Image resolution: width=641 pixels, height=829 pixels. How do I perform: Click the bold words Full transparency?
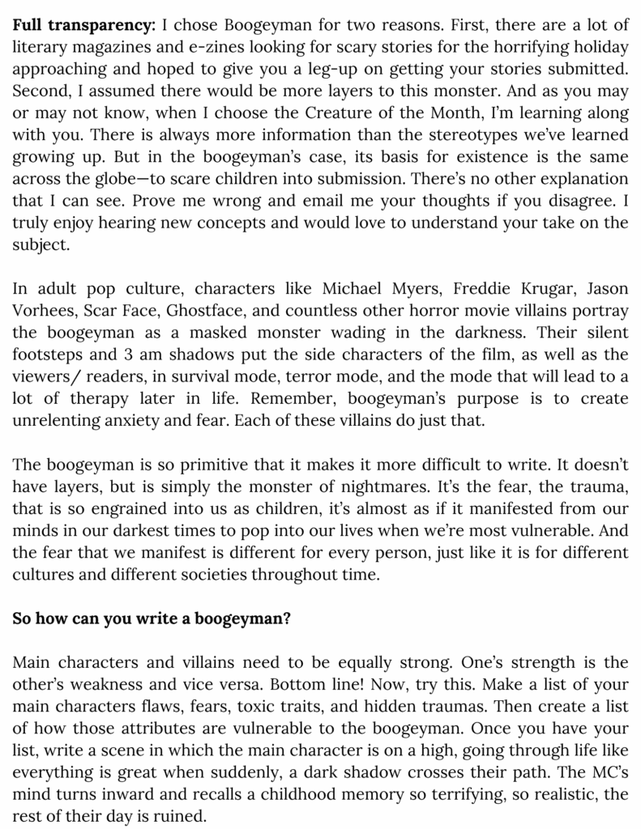83,25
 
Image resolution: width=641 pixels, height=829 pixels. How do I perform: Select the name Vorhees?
44,310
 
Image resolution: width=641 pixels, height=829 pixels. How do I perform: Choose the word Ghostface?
215,310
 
